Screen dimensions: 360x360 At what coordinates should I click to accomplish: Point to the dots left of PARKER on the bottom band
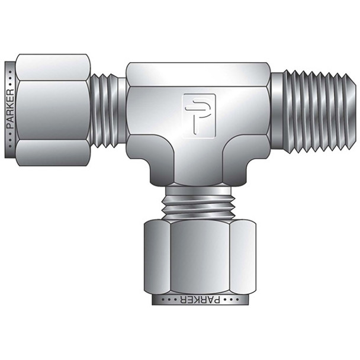[x=161, y=300]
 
